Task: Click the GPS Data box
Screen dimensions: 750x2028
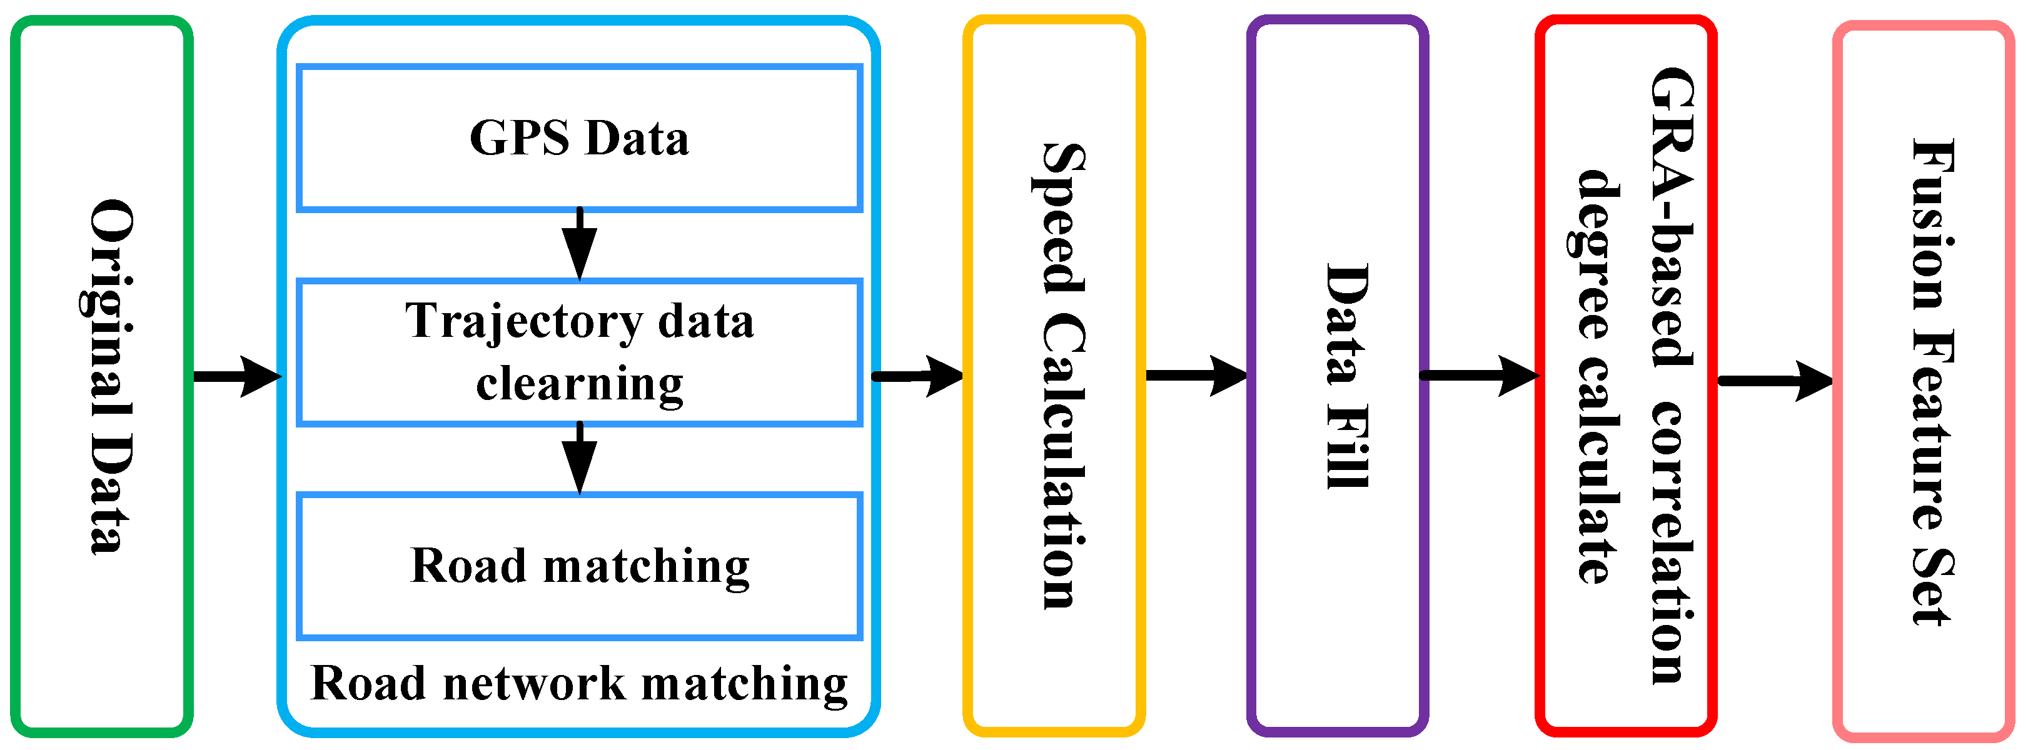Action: pyautogui.click(x=580, y=139)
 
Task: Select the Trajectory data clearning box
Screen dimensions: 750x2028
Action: pyautogui.click(x=580, y=352)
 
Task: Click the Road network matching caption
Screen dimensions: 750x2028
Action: pyautogui.click(x=580, y=683)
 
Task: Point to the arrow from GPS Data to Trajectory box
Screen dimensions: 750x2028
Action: pyautogui.click(x=580, y=244)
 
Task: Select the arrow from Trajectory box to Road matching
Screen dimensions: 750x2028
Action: pyautogui.click(x=580, y=458)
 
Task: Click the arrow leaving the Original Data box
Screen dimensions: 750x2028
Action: pyautogui.click(x=236, y=376)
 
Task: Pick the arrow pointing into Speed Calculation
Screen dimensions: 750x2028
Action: pyautogui.click(x=917, y=376)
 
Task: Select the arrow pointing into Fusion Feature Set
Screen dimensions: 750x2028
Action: pyautogui.click(x=1775, y=381)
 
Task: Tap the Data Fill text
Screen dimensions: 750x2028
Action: pyautogui.click(x=1346, y=376)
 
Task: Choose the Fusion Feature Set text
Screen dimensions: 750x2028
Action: pyautogui.click(x=1933, y=382)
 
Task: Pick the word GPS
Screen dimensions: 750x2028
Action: pyautogui.click(x=520, y=139)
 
